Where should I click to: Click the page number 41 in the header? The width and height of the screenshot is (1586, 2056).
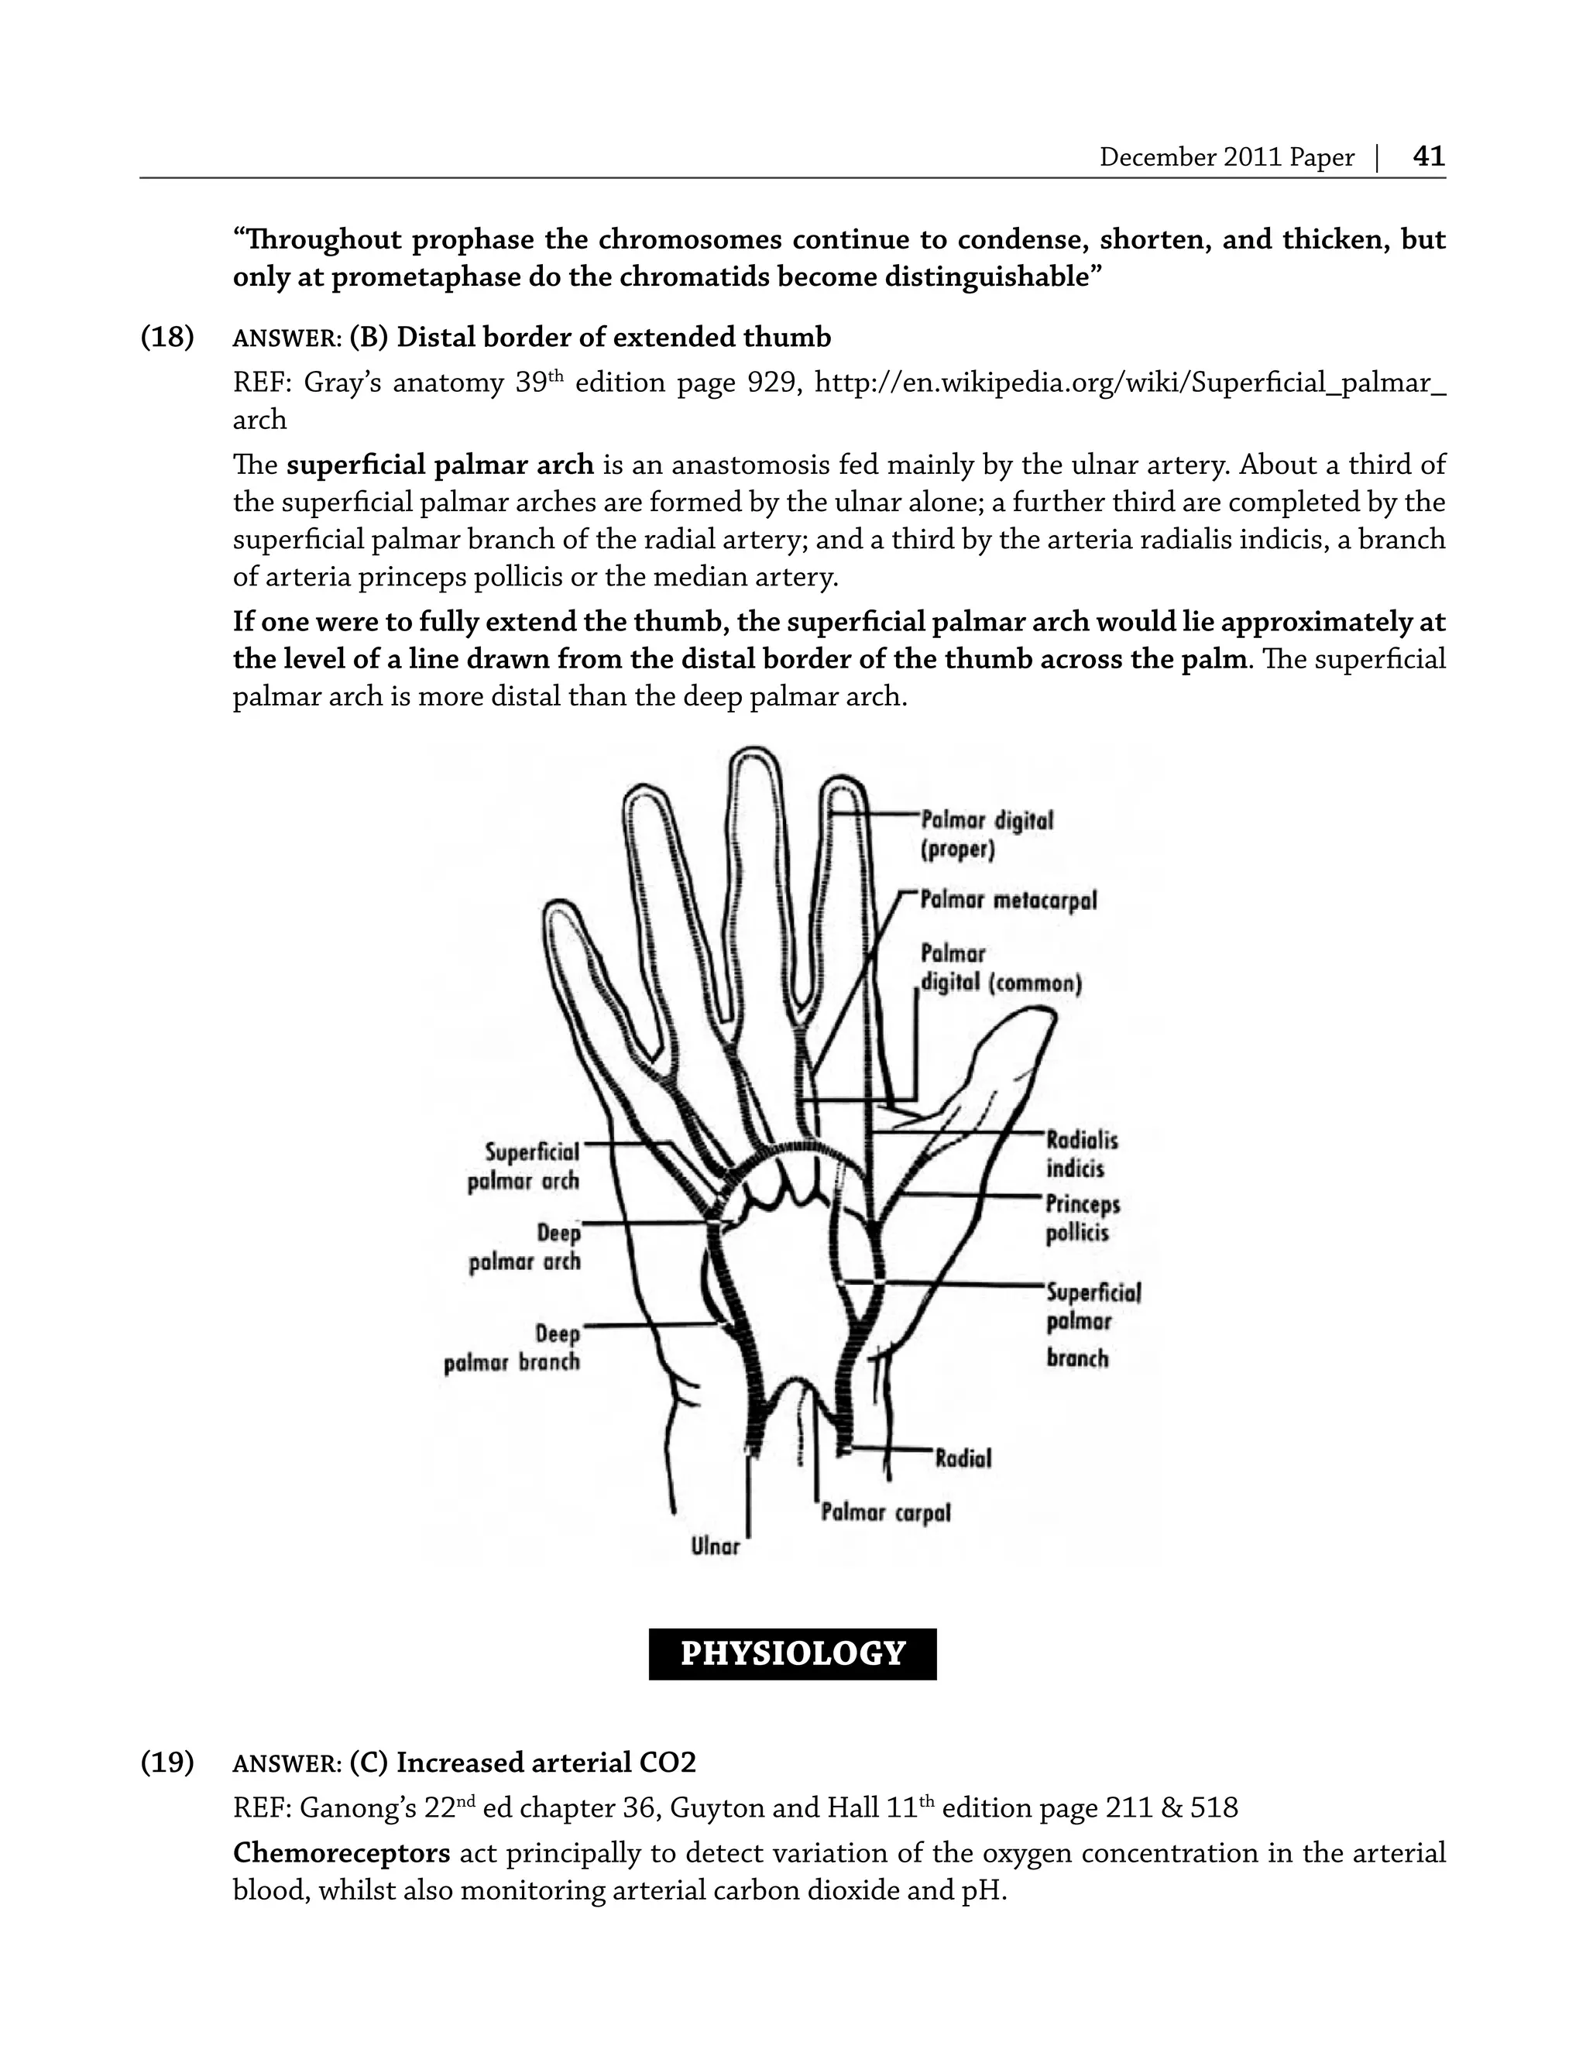point(1428,156)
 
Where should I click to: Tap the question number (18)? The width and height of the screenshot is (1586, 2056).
point(167,337)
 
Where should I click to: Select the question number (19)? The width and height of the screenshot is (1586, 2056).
point(167,1763)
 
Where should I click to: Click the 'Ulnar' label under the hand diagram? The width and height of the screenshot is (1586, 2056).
point(716,1546)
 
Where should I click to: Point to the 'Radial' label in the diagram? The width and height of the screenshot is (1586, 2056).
point(963,1458)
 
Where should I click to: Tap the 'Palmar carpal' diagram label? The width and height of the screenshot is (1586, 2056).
point(885,1512)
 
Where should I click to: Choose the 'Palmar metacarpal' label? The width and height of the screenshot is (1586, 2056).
point(1008,901)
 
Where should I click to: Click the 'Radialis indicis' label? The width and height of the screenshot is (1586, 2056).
point(1082,1154)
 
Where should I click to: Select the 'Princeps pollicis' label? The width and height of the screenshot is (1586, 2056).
point(1083,1218)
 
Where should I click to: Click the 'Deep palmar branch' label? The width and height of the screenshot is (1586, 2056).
point(513,1348)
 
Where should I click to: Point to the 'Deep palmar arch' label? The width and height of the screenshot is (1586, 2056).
point(525,1248)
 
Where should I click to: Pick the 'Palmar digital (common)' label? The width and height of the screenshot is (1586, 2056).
point(1000,969)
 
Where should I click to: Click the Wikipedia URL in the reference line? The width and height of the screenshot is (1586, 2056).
point(1130,383)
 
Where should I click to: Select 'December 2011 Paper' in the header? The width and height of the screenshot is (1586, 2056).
point(1227,157)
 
